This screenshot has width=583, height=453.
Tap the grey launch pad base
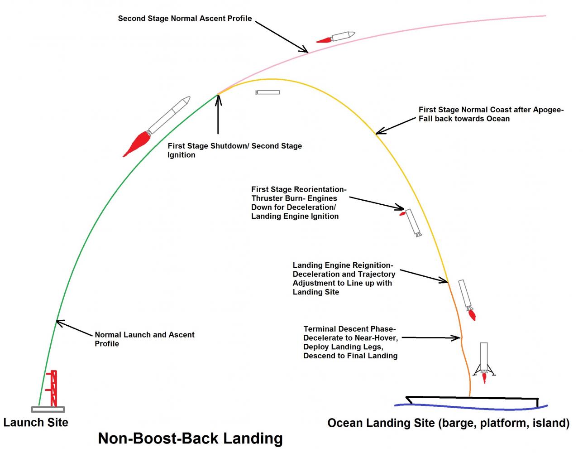tap(48, 409)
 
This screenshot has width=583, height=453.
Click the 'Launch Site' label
tap(36, 422)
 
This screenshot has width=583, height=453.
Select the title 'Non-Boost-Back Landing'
tap(190, 438)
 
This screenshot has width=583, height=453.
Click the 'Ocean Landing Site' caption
tap(448, 423)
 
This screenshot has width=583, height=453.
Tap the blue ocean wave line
tap(471, 405)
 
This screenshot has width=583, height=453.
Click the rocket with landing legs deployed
tap(484, 360)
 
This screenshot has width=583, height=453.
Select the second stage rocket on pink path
tap(342, 36)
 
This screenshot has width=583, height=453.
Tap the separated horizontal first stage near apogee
tap(268, 92)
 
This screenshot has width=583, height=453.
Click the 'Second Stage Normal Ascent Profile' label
tap(185, 19)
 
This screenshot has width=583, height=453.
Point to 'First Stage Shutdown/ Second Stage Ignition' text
tap(234, 150)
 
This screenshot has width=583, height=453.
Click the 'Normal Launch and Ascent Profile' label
tap(144, 339)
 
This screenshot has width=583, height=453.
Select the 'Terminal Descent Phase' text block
tap(350, 342)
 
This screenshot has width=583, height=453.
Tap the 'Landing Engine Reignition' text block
tap(344, 279)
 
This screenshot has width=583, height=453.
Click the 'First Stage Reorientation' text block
tap(299, 202)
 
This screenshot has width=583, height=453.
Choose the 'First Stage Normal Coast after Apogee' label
tap(491, 114)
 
